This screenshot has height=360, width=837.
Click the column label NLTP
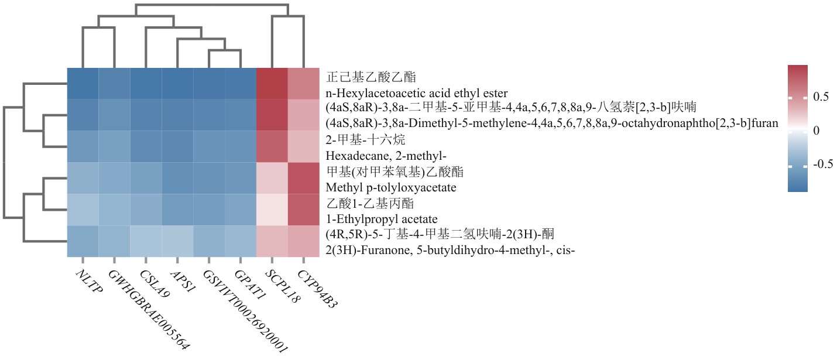coord(89,282)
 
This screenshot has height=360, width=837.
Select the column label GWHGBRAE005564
coord(149,310)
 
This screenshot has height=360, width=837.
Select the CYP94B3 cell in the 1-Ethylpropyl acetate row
coord(304,210)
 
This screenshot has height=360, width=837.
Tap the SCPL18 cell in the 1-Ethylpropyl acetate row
coord(272,210)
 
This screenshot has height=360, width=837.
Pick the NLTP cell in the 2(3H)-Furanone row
coord(82,242)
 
